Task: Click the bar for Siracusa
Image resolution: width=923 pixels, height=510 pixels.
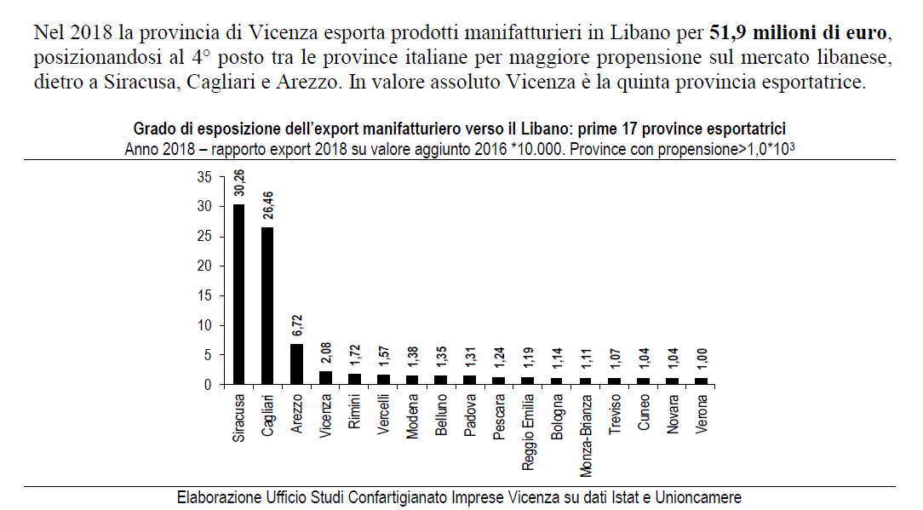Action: (x=238, y=294)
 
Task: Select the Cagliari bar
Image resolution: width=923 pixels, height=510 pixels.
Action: (x=267, y=306)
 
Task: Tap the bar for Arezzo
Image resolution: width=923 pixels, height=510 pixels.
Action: (x=296, y=364)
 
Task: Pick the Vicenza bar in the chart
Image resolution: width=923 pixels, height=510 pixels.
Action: (x=325, y=378)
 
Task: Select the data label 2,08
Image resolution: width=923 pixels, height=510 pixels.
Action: (x=325, y=351)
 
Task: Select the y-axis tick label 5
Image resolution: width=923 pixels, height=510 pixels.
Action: (x=207, y=355)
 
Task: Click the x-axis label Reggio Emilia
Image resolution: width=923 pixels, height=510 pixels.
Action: (x=528, y=431)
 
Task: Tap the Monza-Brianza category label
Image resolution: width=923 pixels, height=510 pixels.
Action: (x=586, y=434)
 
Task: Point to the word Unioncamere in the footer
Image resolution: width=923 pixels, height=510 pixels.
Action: (x=701, y=497)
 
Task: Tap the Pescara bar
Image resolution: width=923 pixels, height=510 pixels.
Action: (x=499, y=381)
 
